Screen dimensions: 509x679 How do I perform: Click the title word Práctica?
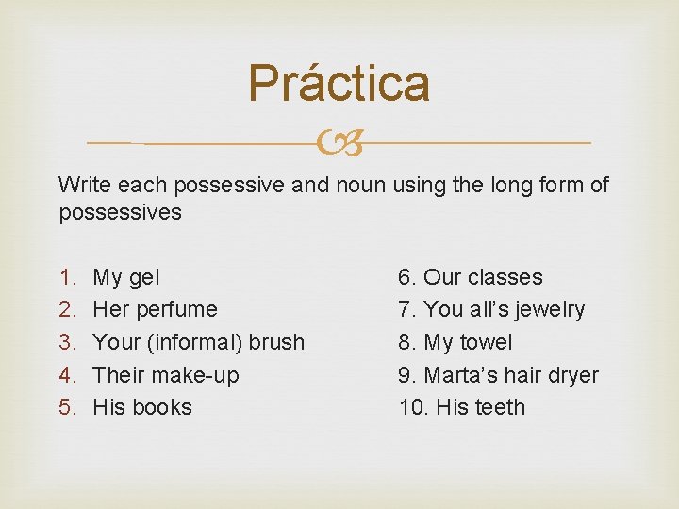click(339, 83)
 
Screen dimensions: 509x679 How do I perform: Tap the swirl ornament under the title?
click(339, 144)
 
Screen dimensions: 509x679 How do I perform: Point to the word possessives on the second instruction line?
click(120, 212)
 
